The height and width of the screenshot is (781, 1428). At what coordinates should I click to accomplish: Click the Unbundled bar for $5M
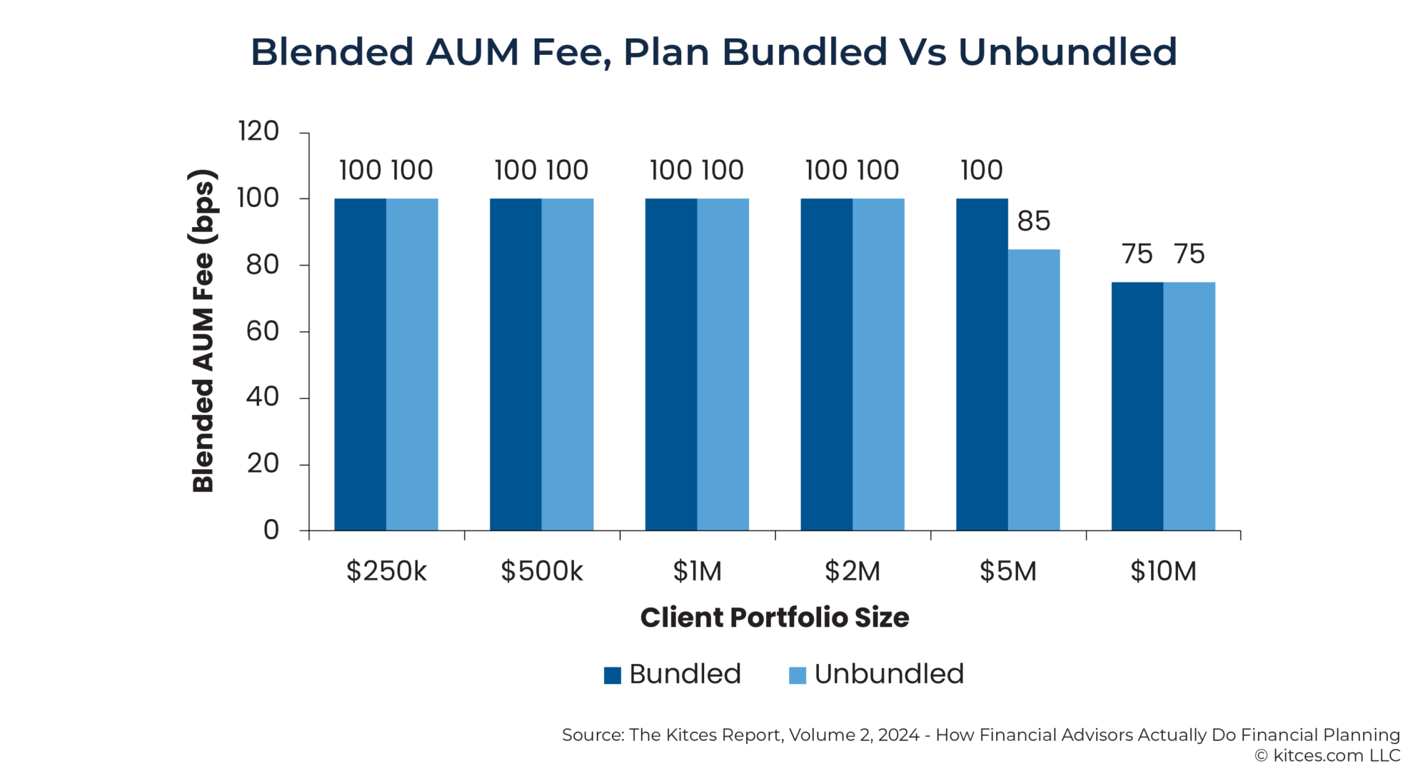[1034, 390]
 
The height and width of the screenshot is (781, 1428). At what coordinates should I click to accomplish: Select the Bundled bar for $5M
[982, 364]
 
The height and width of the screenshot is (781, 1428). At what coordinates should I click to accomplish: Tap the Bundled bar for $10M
[1137, 406]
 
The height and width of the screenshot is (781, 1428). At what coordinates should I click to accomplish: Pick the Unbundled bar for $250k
[412, 364]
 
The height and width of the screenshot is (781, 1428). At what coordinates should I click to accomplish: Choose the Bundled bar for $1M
[671, 364]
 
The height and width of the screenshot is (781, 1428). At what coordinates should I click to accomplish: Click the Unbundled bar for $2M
[878, 364]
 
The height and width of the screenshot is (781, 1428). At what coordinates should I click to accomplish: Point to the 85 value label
[1034, 221]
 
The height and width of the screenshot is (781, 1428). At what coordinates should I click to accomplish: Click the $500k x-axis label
[541, 571]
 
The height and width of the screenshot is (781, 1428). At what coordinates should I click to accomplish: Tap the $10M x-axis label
[1163, 571]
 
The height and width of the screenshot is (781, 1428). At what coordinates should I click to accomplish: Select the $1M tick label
[697, 571]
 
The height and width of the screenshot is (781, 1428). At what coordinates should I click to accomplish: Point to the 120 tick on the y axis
[258, 131]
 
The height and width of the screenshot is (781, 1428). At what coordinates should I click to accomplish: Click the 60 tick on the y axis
[262, 331]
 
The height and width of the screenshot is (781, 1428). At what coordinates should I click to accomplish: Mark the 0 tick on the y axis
[271, 530]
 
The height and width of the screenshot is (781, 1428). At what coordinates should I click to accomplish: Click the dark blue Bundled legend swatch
[612, 675]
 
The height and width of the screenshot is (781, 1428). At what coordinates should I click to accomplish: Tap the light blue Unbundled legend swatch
[797, 675]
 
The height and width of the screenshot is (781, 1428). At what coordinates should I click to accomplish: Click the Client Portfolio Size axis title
[775, 618]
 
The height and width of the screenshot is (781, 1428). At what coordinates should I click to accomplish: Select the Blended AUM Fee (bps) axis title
[203, 331]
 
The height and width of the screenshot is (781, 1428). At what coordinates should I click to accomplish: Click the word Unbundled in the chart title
[1067, 52]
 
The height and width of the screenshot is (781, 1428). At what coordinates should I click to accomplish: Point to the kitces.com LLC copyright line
[1327, 755]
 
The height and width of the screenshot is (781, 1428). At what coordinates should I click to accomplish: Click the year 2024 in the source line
[898, 735]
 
